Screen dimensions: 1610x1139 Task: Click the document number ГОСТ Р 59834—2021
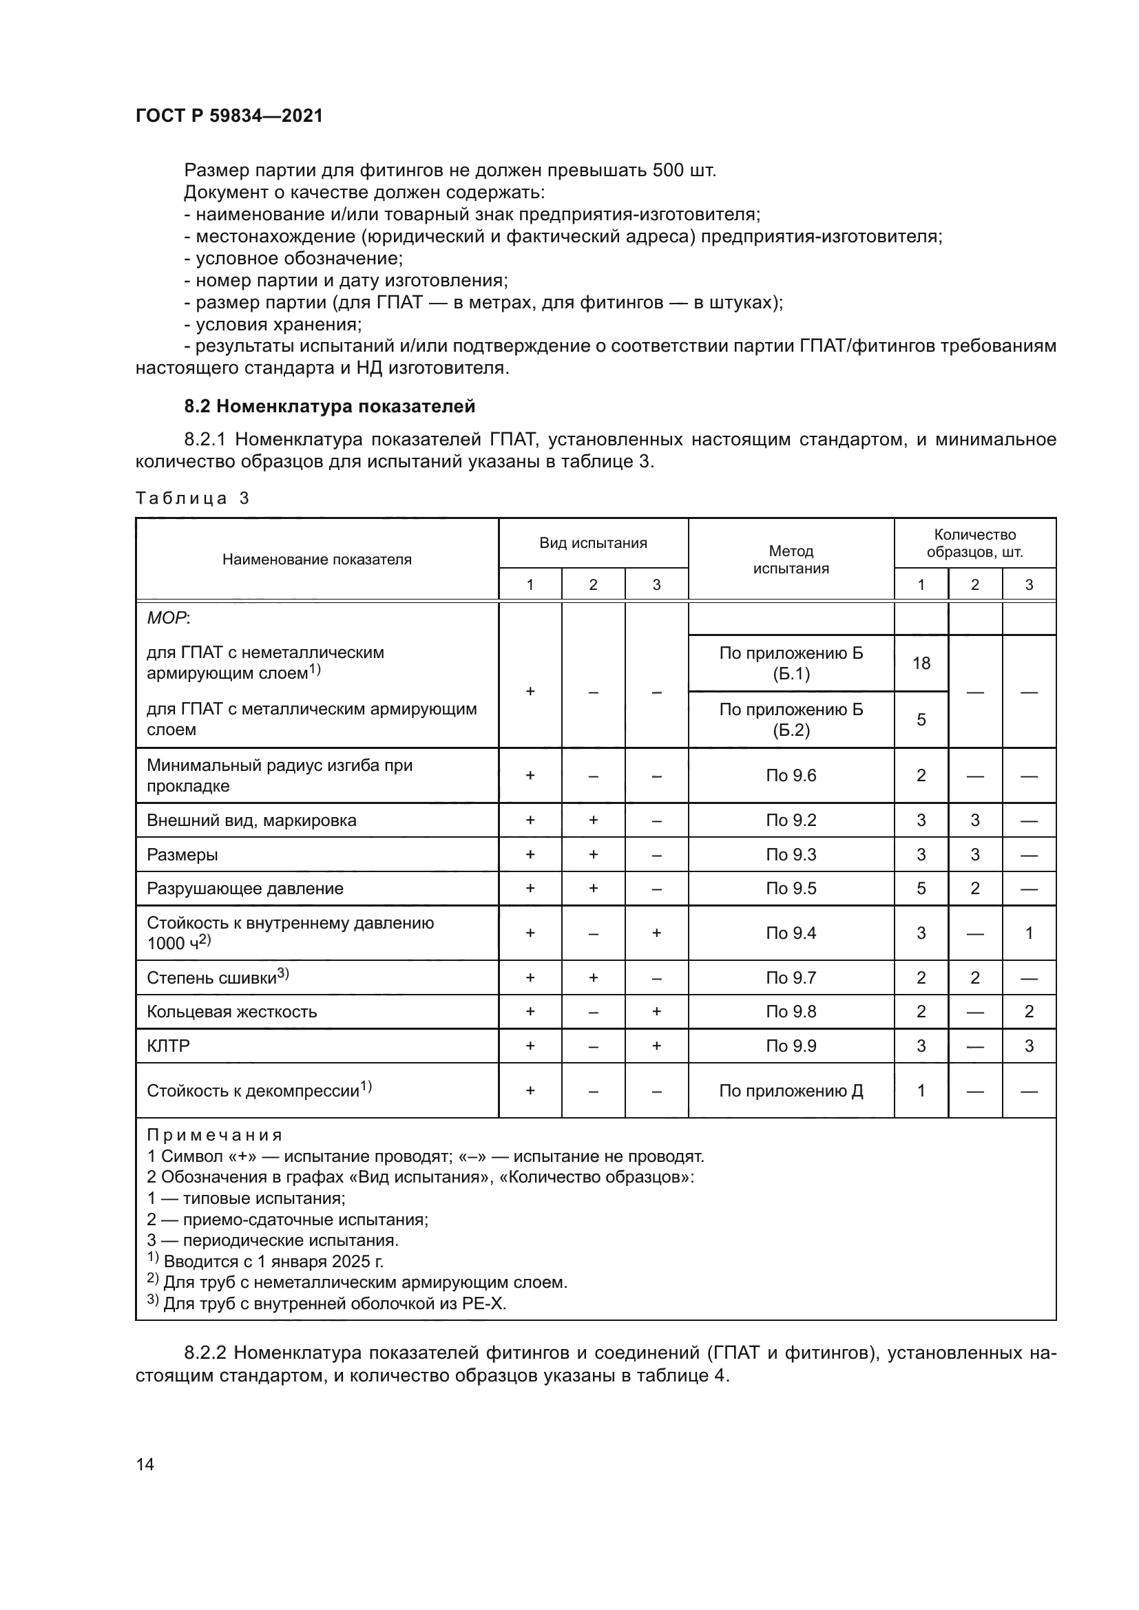click(229, 116)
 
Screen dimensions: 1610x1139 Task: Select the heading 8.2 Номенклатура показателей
click(329, 406)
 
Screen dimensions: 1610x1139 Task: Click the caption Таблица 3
click(192, 498)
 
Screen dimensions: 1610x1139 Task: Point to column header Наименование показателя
click(316, 559)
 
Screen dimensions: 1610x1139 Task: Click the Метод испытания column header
click(791, 559)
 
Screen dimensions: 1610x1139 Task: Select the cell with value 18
click(920, 663)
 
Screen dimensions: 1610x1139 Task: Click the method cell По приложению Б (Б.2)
click(791, 719)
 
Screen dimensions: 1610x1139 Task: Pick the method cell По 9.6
click(791, 775)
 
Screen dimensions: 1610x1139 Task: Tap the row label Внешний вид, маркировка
click(251, 820)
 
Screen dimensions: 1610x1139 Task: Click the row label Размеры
click(182, 854)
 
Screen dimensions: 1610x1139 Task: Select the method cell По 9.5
click(791, 888)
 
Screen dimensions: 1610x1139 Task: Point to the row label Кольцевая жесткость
click(231, 1011)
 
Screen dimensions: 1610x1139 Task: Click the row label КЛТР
click(168, 1046)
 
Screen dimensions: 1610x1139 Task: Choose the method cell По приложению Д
click(791, 1090)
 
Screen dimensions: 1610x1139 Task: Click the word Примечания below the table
click(214, 1134)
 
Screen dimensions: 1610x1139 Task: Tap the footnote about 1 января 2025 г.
click(267, 1262)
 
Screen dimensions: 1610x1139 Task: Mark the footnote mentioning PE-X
click(327, 1304)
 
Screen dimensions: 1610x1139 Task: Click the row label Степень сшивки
click(212, 977)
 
